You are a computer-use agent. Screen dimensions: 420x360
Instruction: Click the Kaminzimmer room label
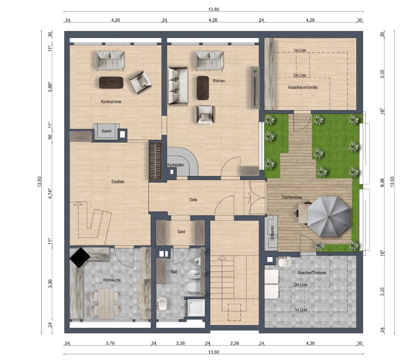(x=111, y=101)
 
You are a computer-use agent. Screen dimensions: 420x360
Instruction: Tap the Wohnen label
(x=218, y=80)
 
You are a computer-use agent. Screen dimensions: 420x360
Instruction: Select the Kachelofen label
(x=176, y=165)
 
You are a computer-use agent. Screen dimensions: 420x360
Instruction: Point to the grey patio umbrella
(x=329, y=216)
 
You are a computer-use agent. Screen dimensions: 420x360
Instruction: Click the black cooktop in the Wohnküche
(x=80, y=258)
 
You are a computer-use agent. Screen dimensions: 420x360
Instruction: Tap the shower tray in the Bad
(x=196, y=308)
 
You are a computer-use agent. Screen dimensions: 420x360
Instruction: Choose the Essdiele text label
(x=118, y=181)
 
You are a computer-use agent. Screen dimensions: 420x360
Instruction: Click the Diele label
(x=193, y=200)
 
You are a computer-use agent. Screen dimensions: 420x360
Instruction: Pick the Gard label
(x=181, y=232)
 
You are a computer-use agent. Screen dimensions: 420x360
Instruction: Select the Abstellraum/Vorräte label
(x=303, y=87)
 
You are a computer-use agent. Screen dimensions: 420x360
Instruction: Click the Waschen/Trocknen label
(x=312, y=272)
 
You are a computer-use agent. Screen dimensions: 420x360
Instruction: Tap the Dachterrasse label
(x=292, y=197)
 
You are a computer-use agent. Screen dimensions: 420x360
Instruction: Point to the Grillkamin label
(x=272, y=232)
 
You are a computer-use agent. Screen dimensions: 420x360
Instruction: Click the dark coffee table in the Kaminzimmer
(x=111, y=82)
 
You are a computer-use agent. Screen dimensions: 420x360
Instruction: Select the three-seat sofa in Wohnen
(x=178, y=86)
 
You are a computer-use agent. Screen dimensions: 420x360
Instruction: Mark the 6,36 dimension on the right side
(x=382, y=182)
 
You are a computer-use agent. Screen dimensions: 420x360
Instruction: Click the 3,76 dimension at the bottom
(x=110, y=343)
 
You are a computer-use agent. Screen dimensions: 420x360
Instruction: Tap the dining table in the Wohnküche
(x=106, y=304)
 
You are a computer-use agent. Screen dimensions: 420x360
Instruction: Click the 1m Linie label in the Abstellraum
(x=299, y=50)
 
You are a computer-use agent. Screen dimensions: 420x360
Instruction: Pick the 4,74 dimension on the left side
(x=50, y=193)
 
